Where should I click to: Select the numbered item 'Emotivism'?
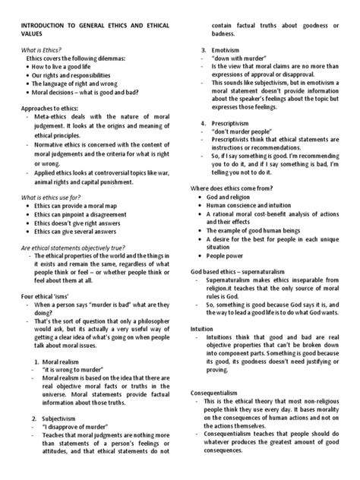(x=232, y=50)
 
